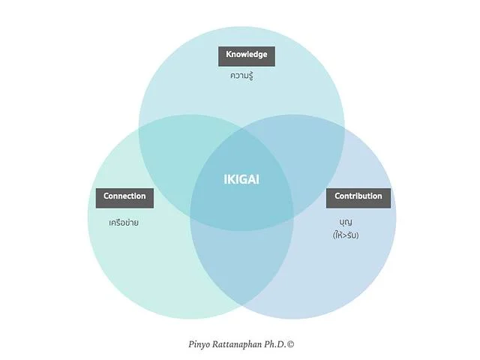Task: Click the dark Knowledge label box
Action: point(247,55)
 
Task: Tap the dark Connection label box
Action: point(124,196)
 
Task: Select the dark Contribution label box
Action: point(358,196)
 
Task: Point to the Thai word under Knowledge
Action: point(241,76)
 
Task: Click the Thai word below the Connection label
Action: point(124,223)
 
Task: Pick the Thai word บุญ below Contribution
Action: point(346,222)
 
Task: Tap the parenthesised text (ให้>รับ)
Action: point(346,235)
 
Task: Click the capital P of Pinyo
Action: point(192,344)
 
